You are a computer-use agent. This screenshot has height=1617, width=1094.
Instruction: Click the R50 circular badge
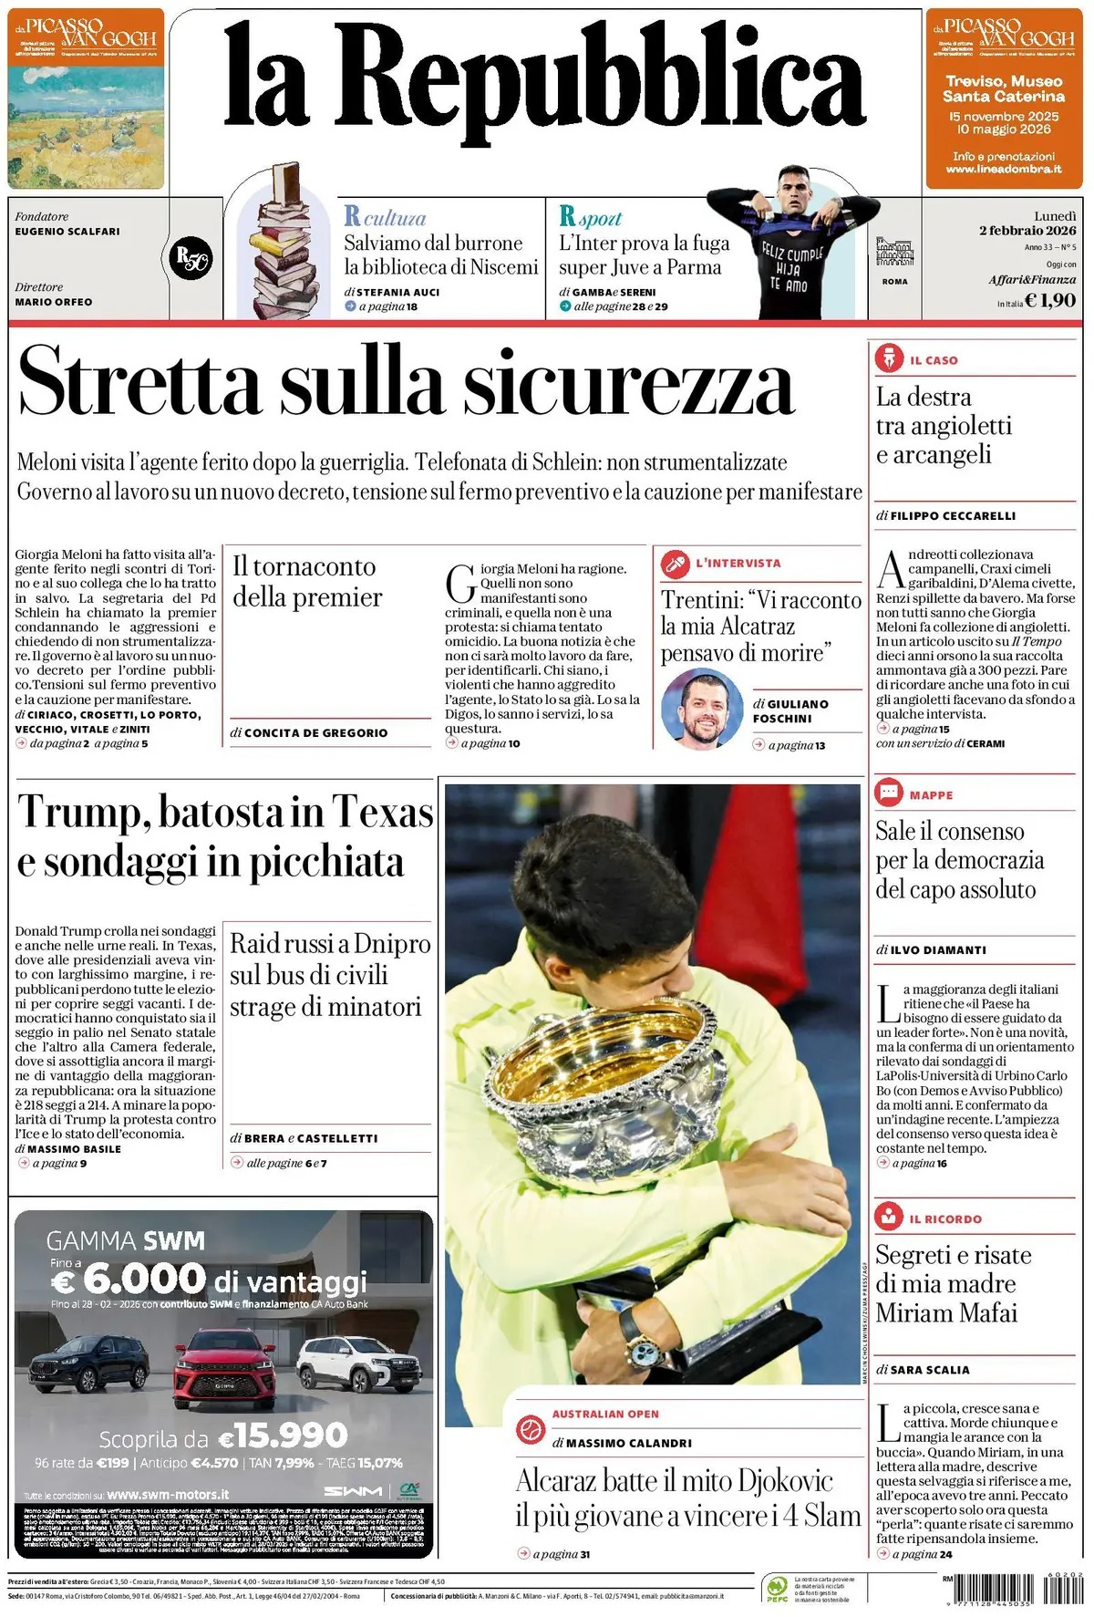(191, 258)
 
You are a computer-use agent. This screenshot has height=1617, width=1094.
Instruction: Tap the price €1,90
(1050, 300)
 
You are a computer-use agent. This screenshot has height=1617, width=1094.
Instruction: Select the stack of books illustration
(282, 246)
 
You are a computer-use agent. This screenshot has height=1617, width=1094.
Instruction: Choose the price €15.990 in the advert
(284, 1436)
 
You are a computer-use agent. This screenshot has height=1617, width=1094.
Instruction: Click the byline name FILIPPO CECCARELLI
(953, 515)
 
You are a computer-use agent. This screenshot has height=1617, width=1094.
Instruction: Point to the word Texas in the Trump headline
(382, 811)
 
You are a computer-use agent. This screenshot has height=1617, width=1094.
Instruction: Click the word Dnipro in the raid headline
(392, 943)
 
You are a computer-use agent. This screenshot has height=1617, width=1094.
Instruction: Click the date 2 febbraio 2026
(1027, 231)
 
